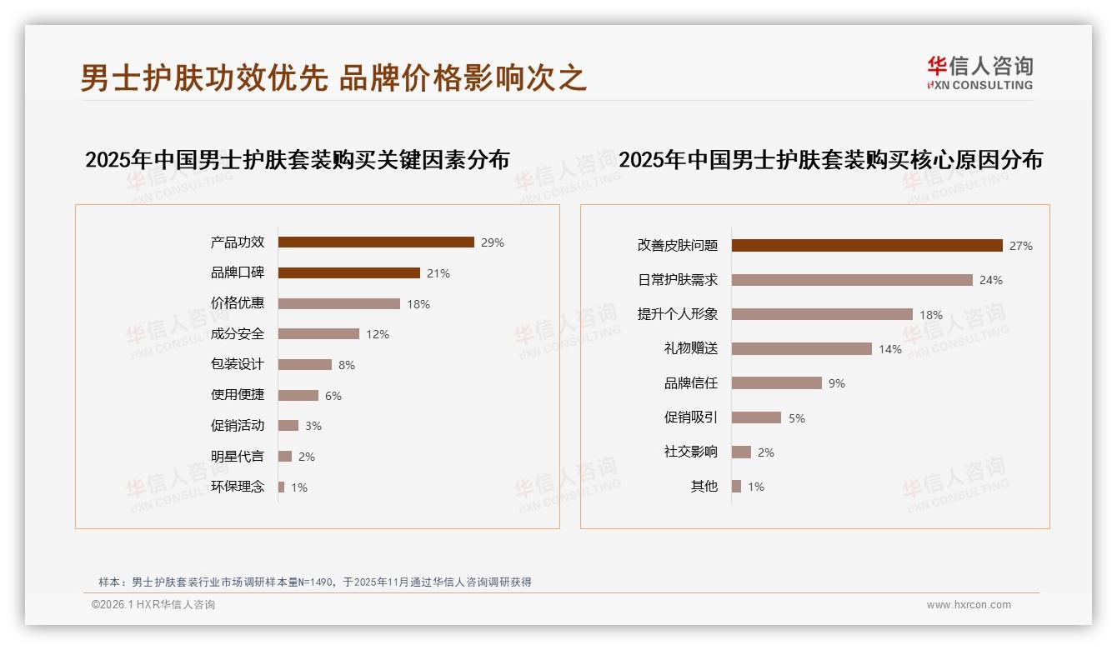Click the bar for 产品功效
[376, 242]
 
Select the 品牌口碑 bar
[348, 273]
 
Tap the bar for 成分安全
[318, 334]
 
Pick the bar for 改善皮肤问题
[867, 246]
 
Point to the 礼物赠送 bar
[802, 349]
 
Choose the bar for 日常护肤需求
[852, 280]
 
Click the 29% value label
[493, 243]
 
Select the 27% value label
[1021, 246]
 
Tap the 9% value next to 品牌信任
[837, 383]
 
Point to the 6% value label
[333, 396]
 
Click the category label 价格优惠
[238, 303]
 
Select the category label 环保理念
[238, 487]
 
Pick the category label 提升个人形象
[678, 314]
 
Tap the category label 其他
[704, 486]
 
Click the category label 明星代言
[238, 456]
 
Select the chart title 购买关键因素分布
[297, 160]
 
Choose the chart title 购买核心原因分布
[830, 160]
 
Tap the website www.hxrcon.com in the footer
[969, 605]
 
